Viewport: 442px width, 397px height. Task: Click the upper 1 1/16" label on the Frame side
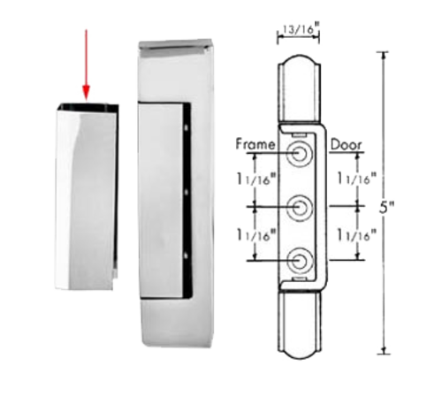(x=253, y=179)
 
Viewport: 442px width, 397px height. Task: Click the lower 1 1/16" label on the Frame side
(x=253, y=234)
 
